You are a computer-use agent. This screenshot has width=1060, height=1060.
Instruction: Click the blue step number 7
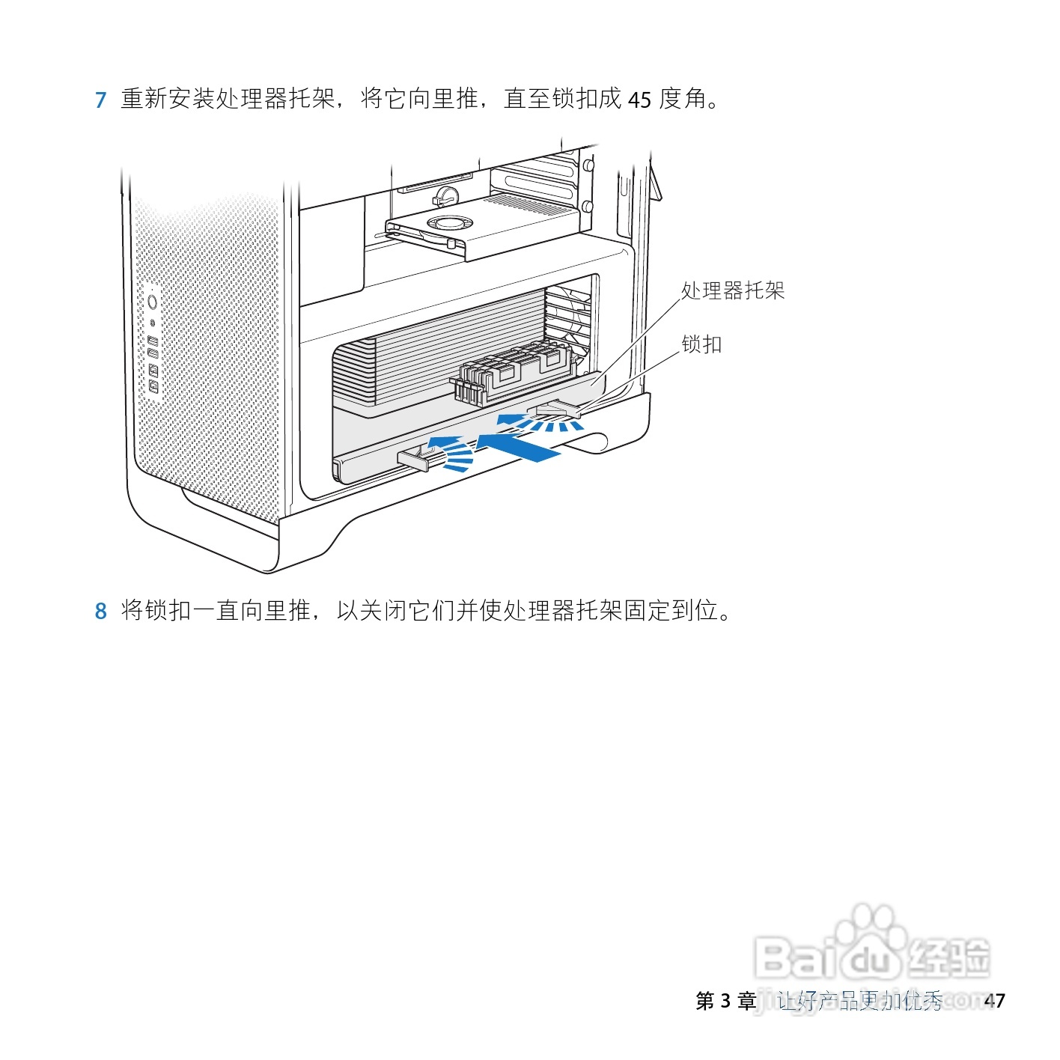101,100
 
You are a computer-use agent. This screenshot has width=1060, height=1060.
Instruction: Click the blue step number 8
101,612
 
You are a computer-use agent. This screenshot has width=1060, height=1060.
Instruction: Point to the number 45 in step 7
639,100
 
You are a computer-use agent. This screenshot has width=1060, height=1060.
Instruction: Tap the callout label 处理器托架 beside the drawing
732,291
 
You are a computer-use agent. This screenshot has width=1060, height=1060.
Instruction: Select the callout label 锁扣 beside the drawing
701,344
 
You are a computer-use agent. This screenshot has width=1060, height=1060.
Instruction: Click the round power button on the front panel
153,302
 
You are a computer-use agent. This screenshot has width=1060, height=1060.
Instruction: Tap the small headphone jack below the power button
153,323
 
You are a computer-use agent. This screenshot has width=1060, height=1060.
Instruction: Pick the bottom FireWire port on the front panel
153,386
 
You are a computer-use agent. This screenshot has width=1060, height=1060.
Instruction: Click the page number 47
994,1001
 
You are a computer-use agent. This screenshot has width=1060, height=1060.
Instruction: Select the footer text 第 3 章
725,1001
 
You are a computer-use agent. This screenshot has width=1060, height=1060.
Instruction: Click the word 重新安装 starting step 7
168,99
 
